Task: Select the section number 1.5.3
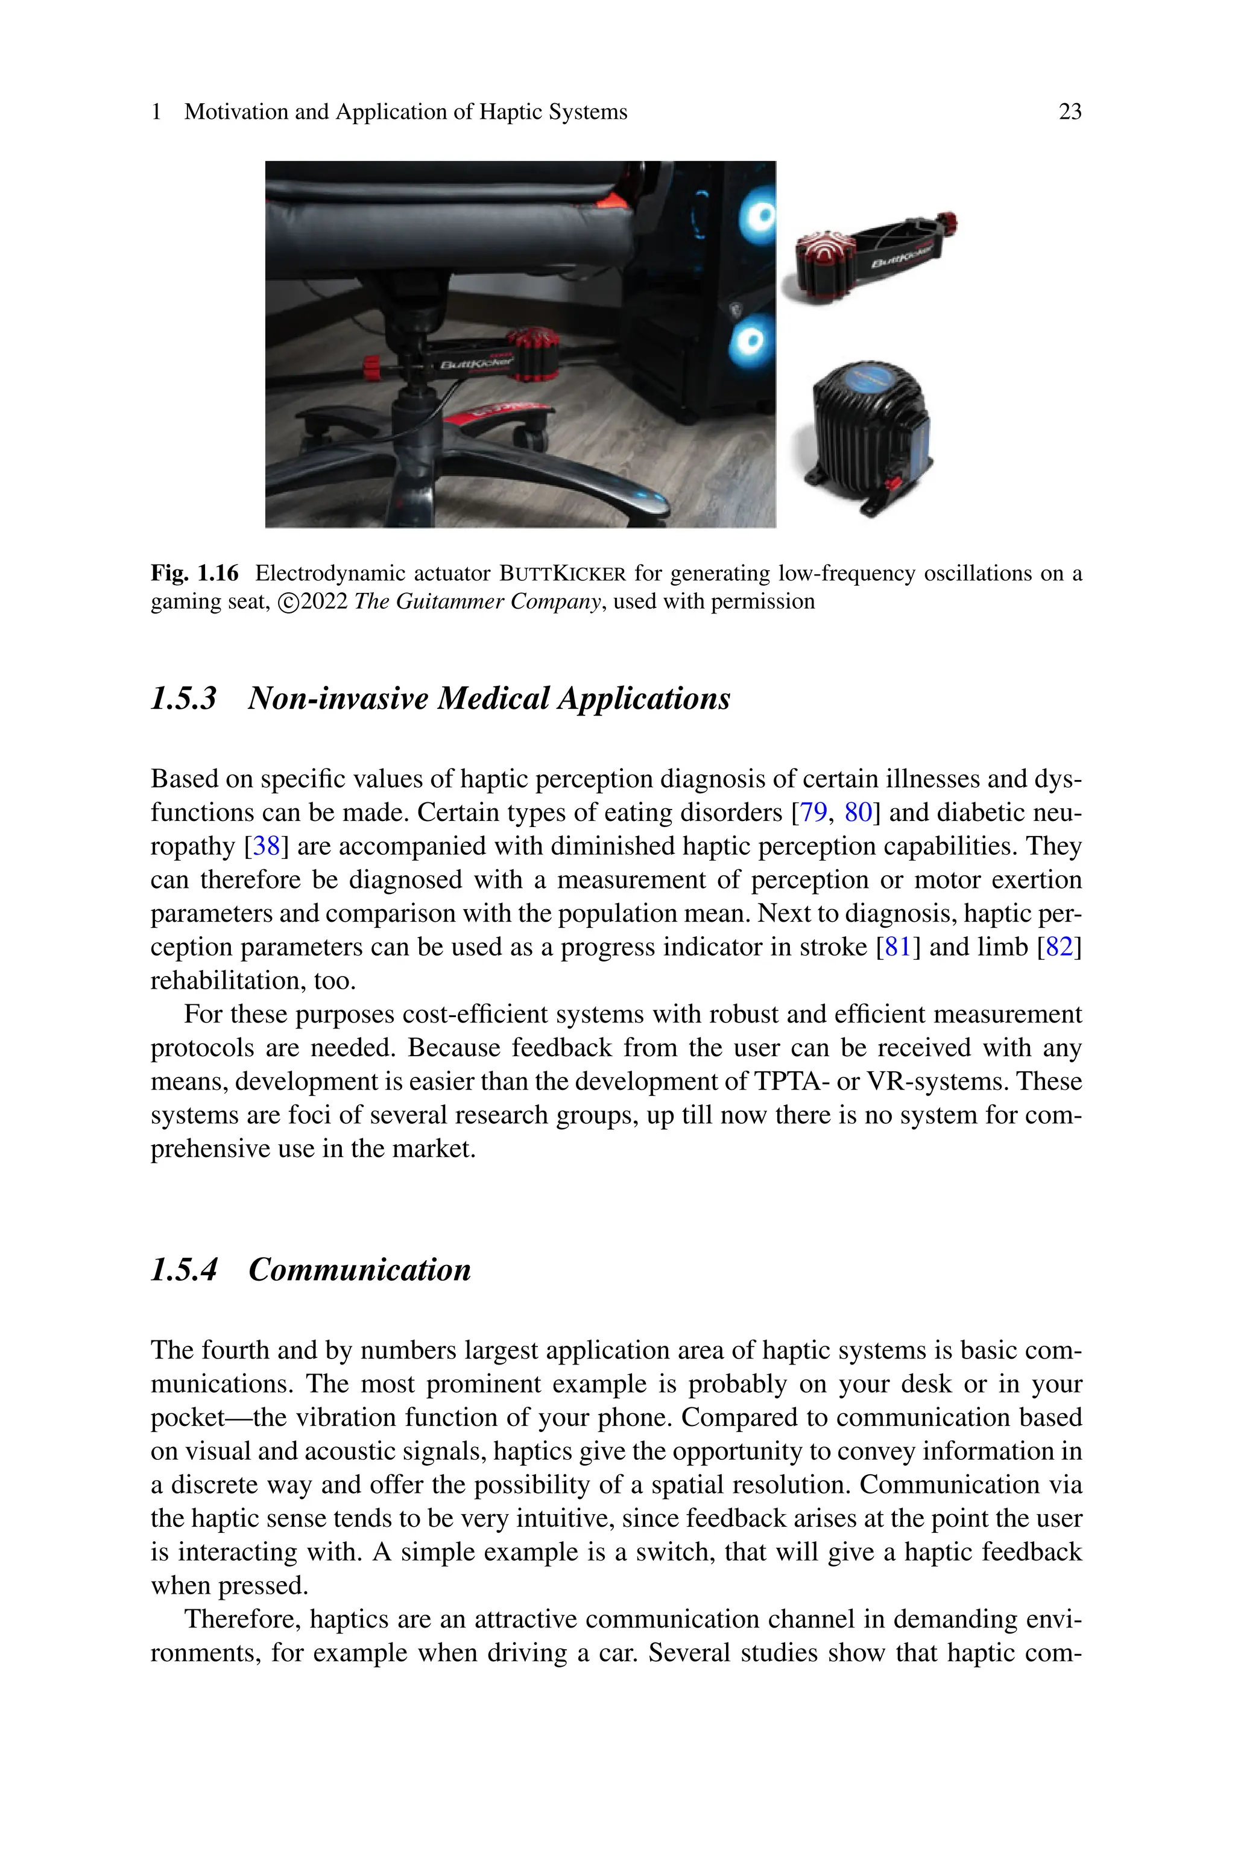pyautogui.click(x=183, y=699)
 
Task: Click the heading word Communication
pyautogui.click(x=359, y=1270)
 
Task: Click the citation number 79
pyautogui.click(x=813, y=812)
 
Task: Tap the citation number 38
pyautogui.click(x=266, y=846)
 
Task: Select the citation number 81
pyautogui.click(x=898, y=946)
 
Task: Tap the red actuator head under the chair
pyautogui.click(x=532, y=355)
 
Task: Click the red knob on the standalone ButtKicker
pyautogui.click(x=947, y=224)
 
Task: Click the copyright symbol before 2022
pyautogui.click(x=288, y=603)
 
